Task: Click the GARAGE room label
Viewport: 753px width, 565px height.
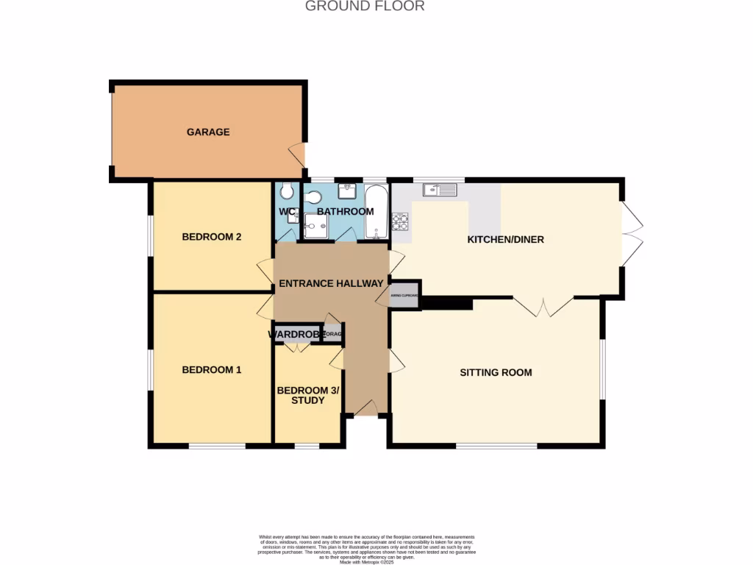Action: [208, 132]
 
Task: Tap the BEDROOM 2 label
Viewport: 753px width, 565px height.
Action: [212, 237]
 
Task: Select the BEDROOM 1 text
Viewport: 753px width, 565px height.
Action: [212, 370]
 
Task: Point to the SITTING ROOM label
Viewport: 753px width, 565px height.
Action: [496, 372]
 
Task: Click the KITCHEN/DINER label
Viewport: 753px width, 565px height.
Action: [506, 239]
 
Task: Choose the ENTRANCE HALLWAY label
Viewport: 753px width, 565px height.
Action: [331, 283]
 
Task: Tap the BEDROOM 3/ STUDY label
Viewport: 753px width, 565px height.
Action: [307, 395]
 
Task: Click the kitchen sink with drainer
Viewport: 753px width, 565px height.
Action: [440, 190]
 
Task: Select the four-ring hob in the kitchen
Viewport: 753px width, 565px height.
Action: [400, 220]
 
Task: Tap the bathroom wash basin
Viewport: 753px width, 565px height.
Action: [346, 191]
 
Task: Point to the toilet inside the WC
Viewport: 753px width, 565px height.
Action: [288, 191]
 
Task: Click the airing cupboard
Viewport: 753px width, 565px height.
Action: [405, 294]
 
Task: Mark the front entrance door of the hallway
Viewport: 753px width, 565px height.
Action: [365, 409]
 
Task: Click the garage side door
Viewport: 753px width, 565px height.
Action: [297, 154]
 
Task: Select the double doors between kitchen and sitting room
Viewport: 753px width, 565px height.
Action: [543, 306]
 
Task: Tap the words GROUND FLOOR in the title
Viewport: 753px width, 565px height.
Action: [365, 7]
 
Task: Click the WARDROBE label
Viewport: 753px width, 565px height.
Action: [296, 335]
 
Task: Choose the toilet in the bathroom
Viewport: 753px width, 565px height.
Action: [313, 196]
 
